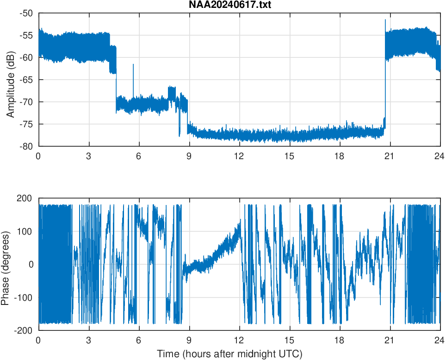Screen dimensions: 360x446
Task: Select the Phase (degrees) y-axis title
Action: click(x=6, y=264)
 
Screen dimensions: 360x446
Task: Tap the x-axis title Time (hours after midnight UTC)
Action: click(x=229, y=354)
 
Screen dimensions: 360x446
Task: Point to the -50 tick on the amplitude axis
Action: click(x=26, y=13)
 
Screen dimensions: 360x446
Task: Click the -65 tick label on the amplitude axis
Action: click(x=26, y=80)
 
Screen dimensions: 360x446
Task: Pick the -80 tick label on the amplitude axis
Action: click(x=26, y=146)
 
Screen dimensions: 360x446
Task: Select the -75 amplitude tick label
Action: click(x=26, y=124)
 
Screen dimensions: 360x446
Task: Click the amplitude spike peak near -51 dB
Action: click(x=385, y=20)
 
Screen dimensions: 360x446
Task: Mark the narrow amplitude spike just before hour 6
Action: click(x=133, y=65)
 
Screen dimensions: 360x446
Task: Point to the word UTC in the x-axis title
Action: click(x=289, y=354)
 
